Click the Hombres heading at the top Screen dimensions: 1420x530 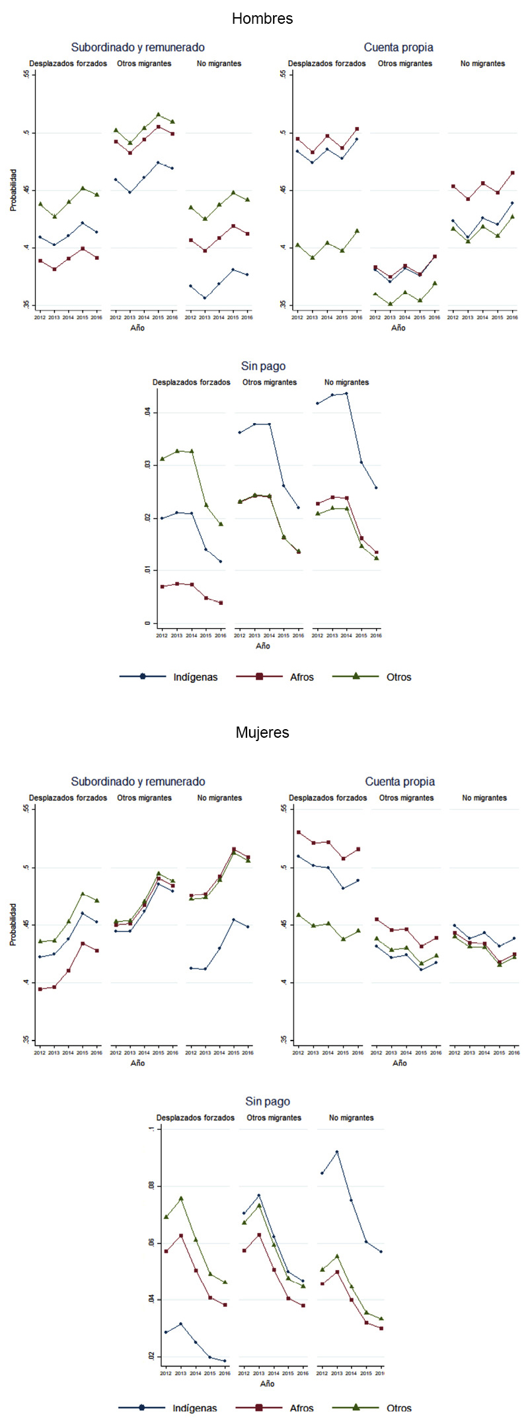pyautogui.click(x=262, y=19)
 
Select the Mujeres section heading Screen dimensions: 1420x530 pyautogui.click(x=262, y=732)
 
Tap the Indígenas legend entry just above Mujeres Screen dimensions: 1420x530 pyautogui.click(x=195, y=677)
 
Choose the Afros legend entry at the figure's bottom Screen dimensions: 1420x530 pyautogui.click(x=301, y=1408)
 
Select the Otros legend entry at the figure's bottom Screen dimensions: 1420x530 pyautogui.click(x=398, y=1408)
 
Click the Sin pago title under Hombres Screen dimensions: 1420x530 pyautogui.click(x=263, y=366)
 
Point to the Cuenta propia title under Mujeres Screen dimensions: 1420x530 pyautogui.click(x=400, y=781)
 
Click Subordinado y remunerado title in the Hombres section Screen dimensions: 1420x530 pyautogui.click(x=137, y=48)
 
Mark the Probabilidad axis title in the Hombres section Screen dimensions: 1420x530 pyautogui.click(x=13, y=190)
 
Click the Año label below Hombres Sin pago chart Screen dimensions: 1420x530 pyautogui.click(x=263, y=646)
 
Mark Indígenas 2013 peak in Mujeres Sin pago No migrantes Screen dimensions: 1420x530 pyautogui.click(x=336, y=1152)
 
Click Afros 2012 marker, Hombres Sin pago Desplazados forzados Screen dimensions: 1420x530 pyautogui.click(x=162, y=586)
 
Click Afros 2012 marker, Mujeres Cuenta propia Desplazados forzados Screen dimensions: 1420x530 pyautogui.click(x=299, y=832)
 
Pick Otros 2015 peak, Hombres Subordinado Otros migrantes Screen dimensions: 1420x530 pyautogui.click(x=158, y=114)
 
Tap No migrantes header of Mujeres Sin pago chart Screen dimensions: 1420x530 pyautogui.click(x=351, y=1118)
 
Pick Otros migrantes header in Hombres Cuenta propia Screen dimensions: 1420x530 pyautogui.click(x=404, y=64)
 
